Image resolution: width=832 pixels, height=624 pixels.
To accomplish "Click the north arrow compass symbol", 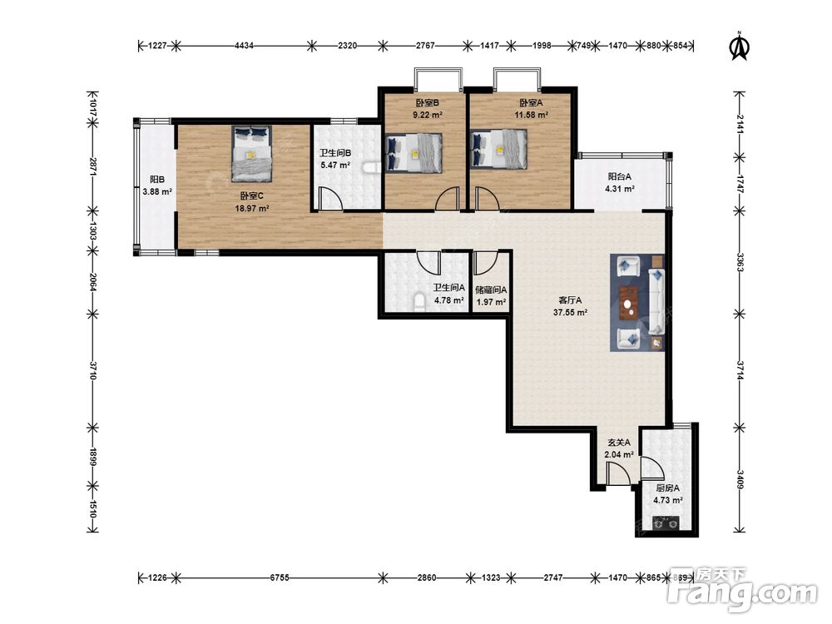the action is (739, 46).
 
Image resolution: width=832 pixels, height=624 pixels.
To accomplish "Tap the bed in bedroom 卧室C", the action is (251, 154).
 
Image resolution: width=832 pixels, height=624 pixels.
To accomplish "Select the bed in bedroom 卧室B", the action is (414, 153).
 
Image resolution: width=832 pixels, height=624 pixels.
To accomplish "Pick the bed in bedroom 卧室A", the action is (499, 150).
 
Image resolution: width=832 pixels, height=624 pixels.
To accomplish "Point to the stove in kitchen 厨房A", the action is (666, 523).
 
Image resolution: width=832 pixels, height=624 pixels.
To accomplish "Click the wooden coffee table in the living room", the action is (629, 303).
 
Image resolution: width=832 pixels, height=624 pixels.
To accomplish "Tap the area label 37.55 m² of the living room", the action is (570, 313).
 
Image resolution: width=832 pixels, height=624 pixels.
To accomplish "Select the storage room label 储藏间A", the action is (491, 290).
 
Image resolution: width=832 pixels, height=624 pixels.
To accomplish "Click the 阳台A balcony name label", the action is (620, 176).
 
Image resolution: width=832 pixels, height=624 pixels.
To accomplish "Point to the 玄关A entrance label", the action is (619, 443).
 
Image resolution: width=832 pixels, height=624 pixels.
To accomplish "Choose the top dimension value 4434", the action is (244, 46).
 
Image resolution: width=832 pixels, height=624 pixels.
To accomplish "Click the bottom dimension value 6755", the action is (280, 577).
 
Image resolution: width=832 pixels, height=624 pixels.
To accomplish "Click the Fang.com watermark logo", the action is (742, 589).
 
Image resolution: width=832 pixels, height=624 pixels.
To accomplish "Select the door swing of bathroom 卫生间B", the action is (330, 198).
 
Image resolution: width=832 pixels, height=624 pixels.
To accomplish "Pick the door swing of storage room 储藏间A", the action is (484, 262).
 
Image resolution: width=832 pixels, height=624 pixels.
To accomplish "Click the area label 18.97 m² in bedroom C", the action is (252, 209).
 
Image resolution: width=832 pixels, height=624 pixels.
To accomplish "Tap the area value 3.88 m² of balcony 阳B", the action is (157, 192).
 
